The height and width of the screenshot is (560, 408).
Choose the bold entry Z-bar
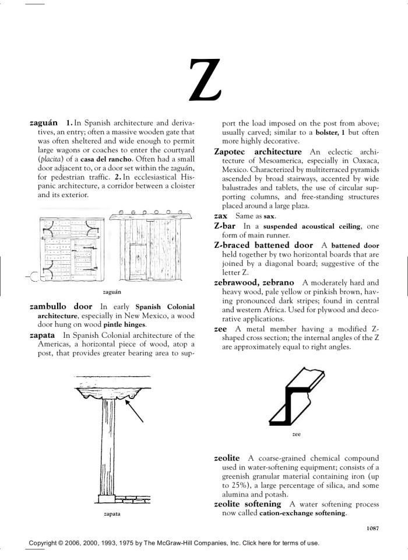point(226,226)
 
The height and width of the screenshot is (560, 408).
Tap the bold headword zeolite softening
point(248,503)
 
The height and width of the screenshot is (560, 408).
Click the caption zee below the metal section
point(297,435)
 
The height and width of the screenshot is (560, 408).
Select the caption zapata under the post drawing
point(112,514)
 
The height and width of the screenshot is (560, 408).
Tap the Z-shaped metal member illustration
point(296,397)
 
